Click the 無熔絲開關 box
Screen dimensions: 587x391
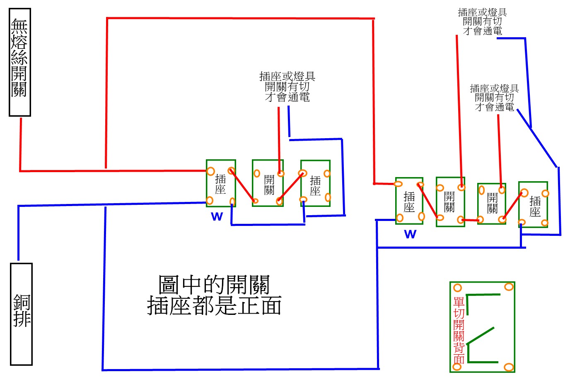pos(20,62)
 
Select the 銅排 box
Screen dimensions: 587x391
pos(21,314)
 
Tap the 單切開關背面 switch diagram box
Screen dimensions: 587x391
pos(482,327)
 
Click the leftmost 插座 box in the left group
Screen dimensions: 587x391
pos(221,183)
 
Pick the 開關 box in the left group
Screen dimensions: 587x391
pos(268,183)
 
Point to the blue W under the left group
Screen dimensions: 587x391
pos(217,216)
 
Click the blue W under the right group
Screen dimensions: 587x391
pos(410,234)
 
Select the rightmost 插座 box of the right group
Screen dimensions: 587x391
pos(533,204)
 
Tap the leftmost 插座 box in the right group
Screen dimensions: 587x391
pos(409,201)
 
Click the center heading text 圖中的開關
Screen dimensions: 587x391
pos(214,285)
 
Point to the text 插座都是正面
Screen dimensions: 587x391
pos(214,305)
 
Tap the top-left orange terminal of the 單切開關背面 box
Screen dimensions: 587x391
pos(457,288)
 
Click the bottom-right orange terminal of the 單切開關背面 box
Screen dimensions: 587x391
pos(509,367)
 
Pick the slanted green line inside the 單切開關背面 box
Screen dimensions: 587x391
pos(481,335)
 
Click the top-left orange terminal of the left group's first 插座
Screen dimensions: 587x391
pos(210,171)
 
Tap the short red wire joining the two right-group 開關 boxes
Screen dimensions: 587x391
pos(471,220)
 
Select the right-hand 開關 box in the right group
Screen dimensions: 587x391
pos(491,204)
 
